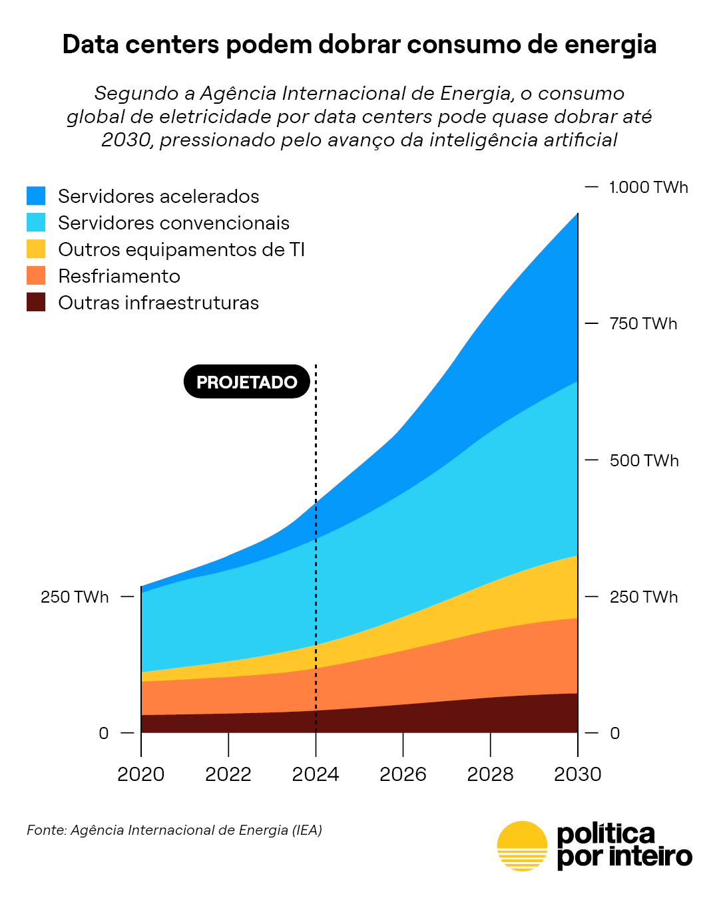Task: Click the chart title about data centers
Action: (x=359, y=45)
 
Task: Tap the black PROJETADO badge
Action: (x=246, y=382)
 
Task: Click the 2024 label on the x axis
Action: (x=316, y=774)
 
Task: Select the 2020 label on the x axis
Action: (x=141, y=774)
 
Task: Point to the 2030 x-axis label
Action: (x=578, y=774)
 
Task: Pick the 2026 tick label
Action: (x=403, y=774)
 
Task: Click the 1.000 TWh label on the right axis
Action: (x=648, y=188)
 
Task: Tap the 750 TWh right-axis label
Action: (x=643, y=324)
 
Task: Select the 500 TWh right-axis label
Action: (x=644, y=460)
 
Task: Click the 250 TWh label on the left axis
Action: (x=75, y=597)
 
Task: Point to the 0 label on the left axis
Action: (x=103, y=733)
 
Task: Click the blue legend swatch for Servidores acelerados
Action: (x=36, y=196)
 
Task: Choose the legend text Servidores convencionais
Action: (x=174, y=223)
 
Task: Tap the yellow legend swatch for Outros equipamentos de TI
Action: (x=36, y=249)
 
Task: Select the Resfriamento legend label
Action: (x=119, y=276)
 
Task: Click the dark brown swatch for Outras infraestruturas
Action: (x=36, y=302)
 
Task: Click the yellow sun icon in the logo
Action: (x=523, y=845)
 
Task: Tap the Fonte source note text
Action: (x=174, y=830)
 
